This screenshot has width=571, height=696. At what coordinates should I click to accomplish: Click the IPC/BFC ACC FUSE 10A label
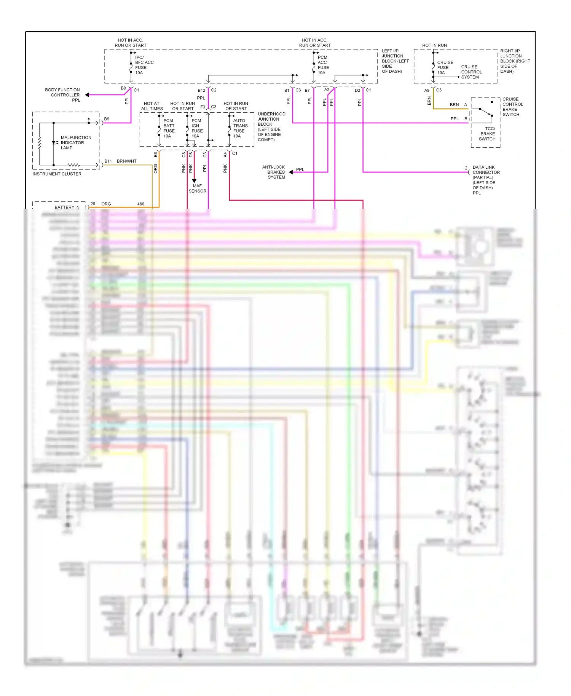pos(144,65)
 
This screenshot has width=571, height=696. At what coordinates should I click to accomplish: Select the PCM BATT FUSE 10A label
pos(169,128)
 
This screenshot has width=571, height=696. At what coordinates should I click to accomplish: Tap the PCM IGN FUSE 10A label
pos(197,128)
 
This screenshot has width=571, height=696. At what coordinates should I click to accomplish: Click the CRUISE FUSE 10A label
pos(445,67)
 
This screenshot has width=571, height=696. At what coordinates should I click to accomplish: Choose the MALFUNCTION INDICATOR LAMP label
pos(75,143)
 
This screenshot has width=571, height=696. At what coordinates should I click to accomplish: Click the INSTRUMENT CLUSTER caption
pos(57,174)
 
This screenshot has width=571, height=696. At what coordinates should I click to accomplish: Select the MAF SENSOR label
pos(197,188)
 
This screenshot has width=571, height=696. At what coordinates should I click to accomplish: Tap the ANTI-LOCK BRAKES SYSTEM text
pos(274,172)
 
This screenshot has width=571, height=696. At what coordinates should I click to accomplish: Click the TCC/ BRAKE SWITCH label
pos(488,134)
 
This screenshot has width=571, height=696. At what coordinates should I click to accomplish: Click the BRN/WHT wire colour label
pos(126,161)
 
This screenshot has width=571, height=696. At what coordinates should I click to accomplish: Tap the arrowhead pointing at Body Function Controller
pos(87,95)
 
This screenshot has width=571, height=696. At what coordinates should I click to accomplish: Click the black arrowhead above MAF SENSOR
pos(194,181)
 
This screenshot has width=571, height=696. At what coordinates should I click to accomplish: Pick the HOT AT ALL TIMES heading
pos(152,106)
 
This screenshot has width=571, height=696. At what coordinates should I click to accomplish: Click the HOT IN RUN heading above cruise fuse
pos(434,45)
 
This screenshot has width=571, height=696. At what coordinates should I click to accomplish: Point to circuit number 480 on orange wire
pos(141,204)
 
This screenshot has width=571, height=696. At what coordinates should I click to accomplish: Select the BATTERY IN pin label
pos(67,207)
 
